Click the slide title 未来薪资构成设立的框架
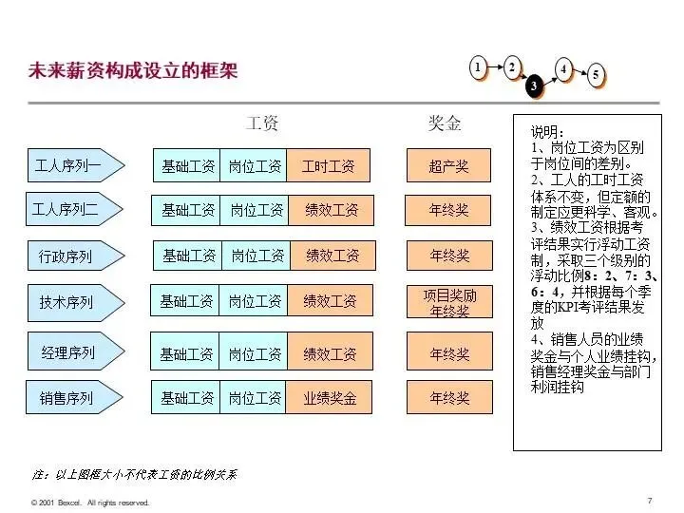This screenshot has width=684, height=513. (133, 71)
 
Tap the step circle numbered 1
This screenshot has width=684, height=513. (478, 66)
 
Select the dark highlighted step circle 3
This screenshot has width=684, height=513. (534, 86)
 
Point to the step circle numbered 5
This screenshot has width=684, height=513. (596, 76)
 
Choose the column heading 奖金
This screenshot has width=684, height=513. (444, 123)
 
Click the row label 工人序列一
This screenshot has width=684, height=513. (68, 165)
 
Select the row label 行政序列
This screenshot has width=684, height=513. (66, 256)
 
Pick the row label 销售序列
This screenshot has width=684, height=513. (66, 398)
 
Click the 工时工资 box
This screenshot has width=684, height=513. (329, 166)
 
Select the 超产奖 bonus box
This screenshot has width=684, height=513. (448, 166)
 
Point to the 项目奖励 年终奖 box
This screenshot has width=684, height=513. (449, 302)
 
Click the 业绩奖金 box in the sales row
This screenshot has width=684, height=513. (330, 398)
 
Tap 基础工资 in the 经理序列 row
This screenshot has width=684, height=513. (186, 353)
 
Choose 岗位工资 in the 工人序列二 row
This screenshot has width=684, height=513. (256, 210)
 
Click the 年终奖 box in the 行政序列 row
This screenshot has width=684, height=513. (449, 256)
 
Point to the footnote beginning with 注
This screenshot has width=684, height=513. (134, 473)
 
